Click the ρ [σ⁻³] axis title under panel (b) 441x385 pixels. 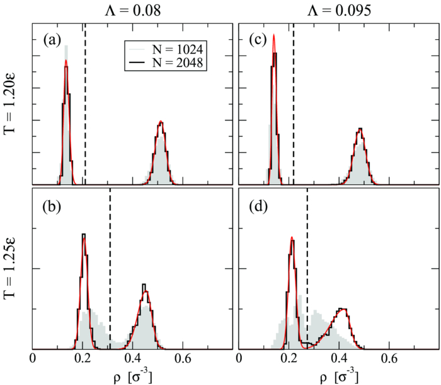tap(132, 376)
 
